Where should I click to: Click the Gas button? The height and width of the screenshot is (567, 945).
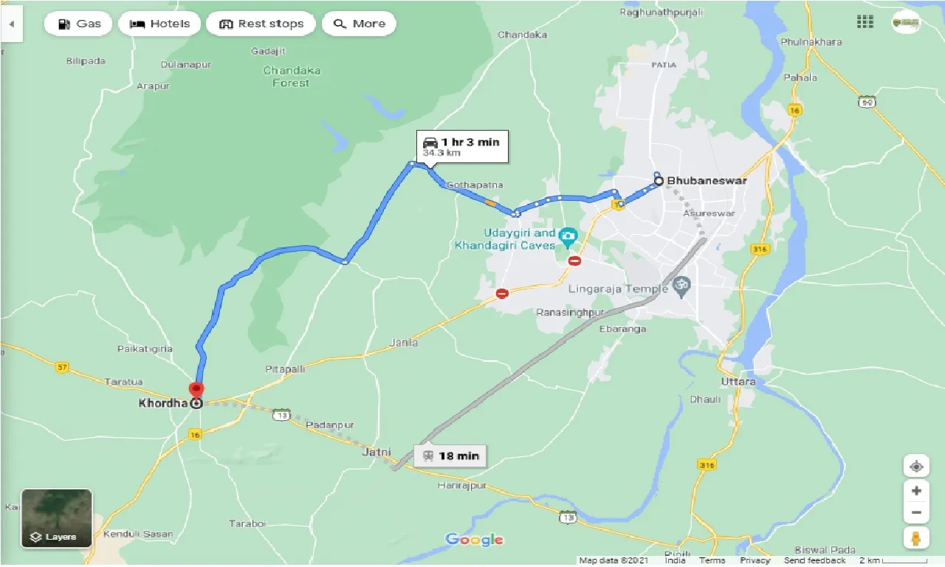tap(78, 24)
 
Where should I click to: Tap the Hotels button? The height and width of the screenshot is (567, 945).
tap(159, 24)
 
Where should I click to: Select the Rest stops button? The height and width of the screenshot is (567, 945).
tap(261, 24)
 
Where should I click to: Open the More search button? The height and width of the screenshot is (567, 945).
tap(359, 24)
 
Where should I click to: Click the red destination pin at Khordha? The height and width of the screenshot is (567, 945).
tap(196, 391)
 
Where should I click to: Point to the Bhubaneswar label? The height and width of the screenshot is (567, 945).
tap(707, 180)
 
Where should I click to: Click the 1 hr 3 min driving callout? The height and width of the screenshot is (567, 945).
tap(463, 146)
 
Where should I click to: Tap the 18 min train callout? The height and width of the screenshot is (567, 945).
tap(451, 456)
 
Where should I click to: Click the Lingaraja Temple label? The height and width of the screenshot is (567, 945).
tap(617, 289)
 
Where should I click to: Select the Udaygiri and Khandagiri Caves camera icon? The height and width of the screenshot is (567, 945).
tap(567, 237)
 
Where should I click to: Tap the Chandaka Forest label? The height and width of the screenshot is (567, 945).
tap(292, 77)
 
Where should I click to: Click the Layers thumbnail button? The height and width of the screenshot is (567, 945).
tap(57, 518)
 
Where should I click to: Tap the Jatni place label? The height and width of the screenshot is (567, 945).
tap(376, 452)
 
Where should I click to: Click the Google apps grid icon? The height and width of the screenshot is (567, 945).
tap(865, 22)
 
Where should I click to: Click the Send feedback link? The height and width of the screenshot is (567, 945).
tap(814, 560)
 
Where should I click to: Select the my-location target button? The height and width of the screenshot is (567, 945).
tap(915, 467)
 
